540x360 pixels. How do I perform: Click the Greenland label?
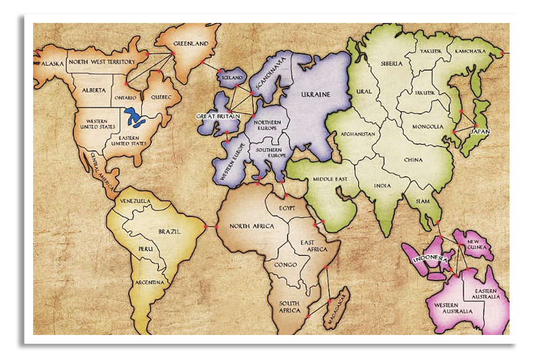tap(191, 44)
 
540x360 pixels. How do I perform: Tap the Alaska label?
tap(52, 63)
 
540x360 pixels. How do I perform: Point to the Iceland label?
tap(232, 78)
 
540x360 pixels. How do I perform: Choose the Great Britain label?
tap(218, 116)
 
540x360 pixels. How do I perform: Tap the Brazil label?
tap(169, 232)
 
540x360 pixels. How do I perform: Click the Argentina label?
tap(151, 282)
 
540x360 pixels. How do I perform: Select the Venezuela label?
tap(136, 201)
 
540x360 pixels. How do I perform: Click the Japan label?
tap(480, 131)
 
